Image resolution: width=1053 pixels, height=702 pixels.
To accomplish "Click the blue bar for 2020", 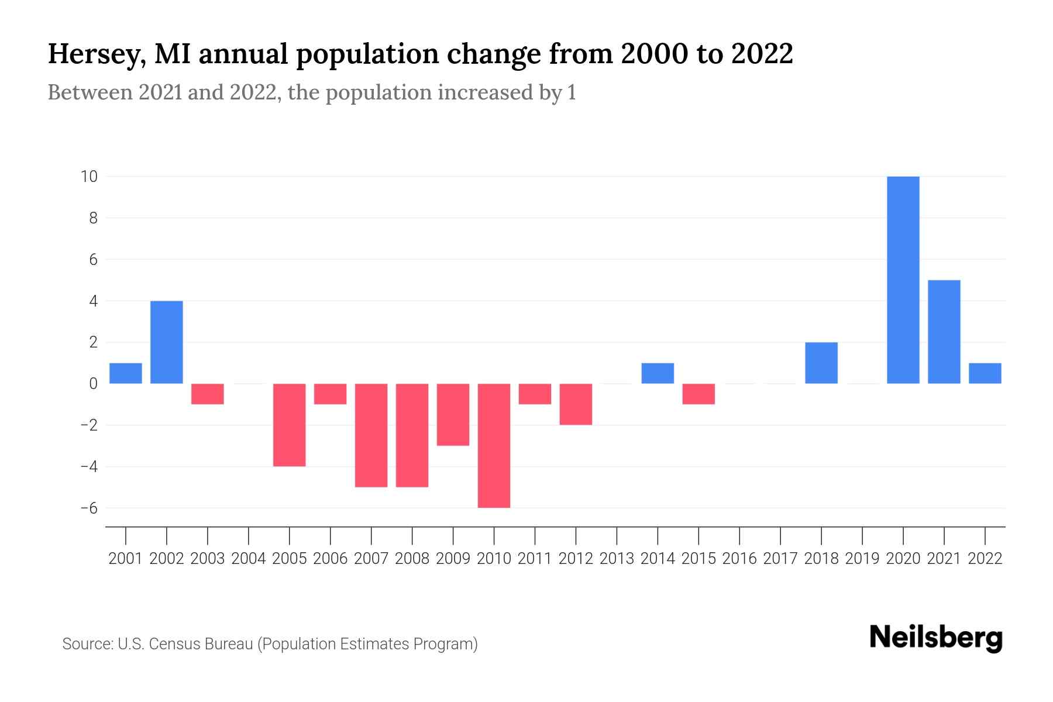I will click(903, 280).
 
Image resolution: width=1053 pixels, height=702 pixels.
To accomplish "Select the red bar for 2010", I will click(494, 445).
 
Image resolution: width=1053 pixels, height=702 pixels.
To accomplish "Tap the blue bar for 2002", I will click(167, 342).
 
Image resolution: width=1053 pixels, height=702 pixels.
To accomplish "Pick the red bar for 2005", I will click(290, 425).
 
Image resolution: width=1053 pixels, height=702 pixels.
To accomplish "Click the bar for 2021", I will click(944, 332).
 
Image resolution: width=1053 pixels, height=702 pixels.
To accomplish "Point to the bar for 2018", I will click(821, 363).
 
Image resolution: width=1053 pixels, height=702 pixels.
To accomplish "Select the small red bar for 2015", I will click(698, 394).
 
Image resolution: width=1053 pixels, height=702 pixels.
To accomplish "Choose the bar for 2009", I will click(453, 414).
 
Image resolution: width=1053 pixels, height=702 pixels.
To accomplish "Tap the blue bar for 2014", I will click(658, 373).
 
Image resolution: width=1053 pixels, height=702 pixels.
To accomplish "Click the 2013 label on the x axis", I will click(617, 559).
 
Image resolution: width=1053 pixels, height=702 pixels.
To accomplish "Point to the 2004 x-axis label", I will click(249, 559).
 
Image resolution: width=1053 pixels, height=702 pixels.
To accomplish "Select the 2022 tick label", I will click(985, 559).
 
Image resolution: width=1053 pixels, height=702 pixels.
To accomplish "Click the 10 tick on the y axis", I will click(89, 176).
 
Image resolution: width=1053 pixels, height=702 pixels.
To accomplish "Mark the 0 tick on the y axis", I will click(93, 384).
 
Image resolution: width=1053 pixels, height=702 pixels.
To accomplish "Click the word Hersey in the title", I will click(96, 54).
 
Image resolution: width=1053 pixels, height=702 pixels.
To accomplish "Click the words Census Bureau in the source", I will click(201, 644).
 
